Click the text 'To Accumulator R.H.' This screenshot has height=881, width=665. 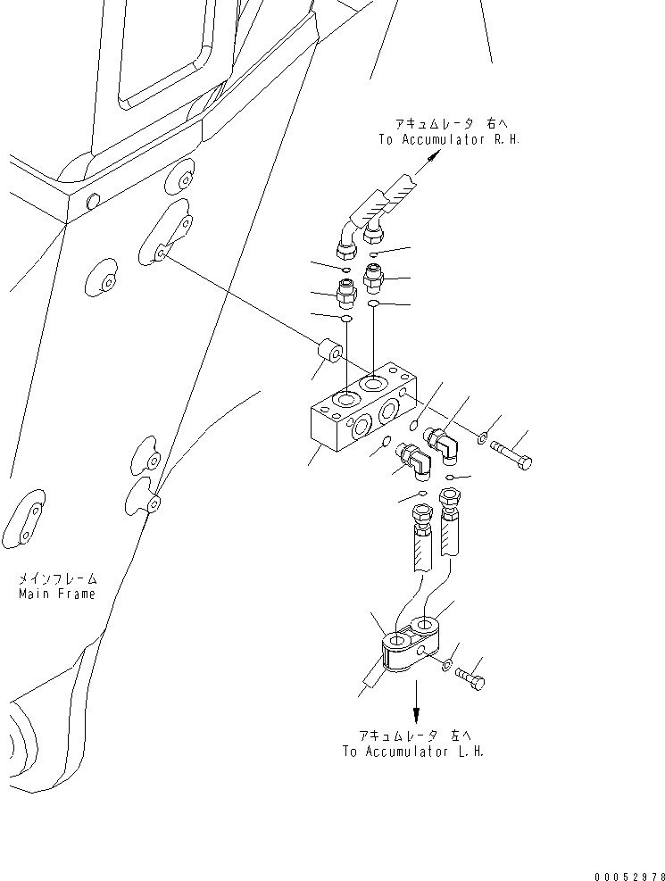[x=448, y=139]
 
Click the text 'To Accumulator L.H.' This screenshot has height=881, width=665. [x=412, y=751]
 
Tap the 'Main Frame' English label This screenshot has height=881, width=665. [x=56, y=594]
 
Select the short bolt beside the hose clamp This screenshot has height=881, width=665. [x=470, y=678]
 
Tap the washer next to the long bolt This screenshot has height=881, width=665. [x=481, y=437]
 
